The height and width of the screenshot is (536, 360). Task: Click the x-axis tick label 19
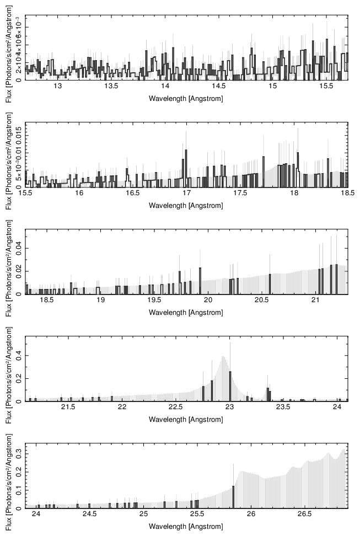100,301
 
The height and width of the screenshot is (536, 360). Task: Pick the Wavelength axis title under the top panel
186,98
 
